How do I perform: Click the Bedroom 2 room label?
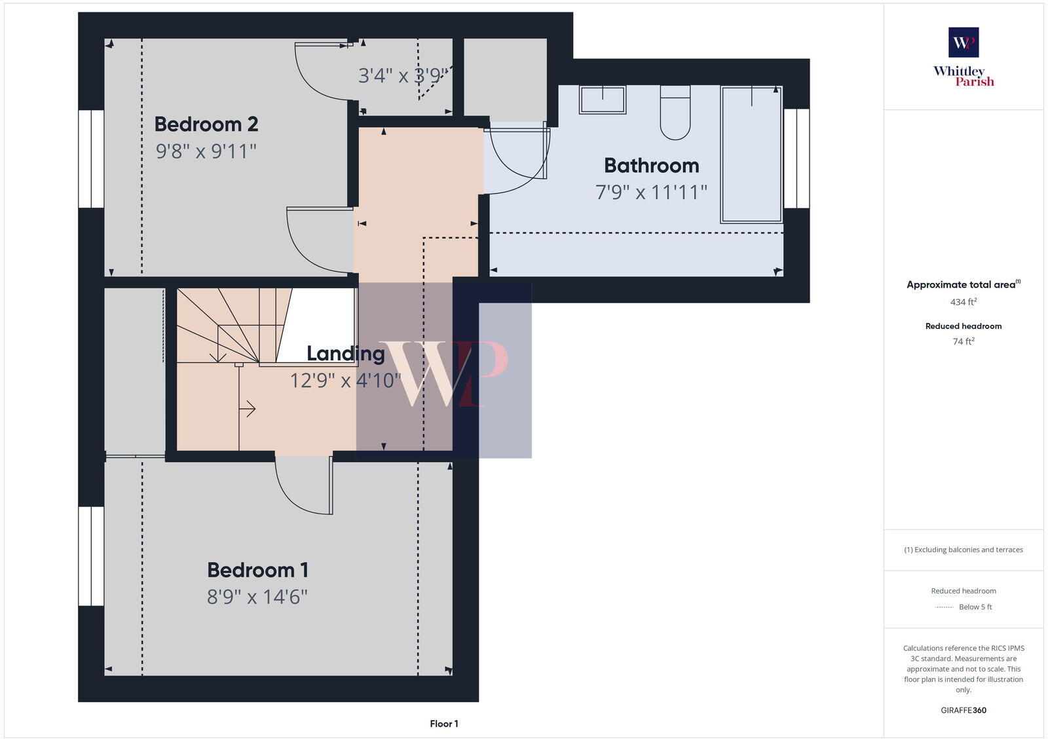point(206,124)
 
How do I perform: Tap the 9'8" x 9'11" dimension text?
point(206,151)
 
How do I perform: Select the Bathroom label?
point(651,165)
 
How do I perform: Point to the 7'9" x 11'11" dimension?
point(651,193)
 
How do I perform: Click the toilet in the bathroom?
point(675,113)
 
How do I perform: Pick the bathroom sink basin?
point(602,100)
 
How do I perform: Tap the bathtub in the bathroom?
point(751,155)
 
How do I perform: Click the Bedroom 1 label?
point(257,570)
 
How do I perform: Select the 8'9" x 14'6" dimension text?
point(257,597)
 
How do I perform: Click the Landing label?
point(345,354)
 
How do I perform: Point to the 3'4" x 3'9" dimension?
point(402,76)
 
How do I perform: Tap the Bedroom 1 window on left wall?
point(91,556)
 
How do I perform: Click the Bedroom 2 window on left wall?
point(91,159)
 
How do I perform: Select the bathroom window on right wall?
point(796,159)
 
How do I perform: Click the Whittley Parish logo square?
point(964,43)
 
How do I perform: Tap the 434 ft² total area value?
point(964,302)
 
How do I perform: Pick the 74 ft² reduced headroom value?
point(964,341)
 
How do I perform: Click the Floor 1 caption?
point(444,724)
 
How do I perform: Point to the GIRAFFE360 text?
point(964,710)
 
